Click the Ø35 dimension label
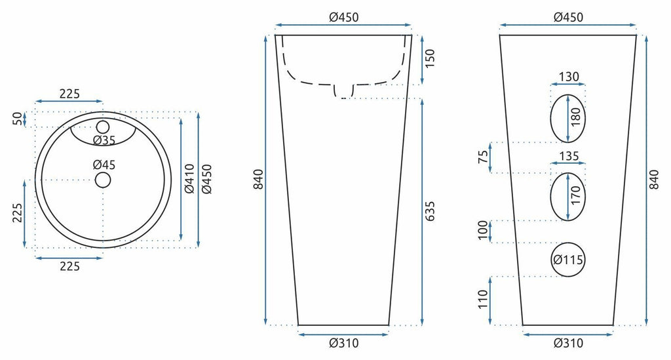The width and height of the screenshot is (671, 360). pyautogui.click(x=104, y=140)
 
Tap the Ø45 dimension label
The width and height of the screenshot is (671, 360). pyautogui.click(x=104, y=165)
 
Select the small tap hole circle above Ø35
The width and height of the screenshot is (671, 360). pyautogui.click(x=103, y=127)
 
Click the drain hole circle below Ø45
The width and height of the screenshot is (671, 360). pyautogui.click(x=103, y=180)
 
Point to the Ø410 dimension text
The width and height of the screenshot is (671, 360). pyautogui.click(x=189, y=178)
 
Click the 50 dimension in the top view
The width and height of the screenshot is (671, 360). pyautogui.click(x=17, y=119)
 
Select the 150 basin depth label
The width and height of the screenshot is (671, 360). pyautogui.click(x=430, y=58)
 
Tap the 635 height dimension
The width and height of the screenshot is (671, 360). pyautogui.click(x=430, y=211)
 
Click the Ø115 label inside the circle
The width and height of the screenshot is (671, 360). pyautogui.click(x=568, y=260)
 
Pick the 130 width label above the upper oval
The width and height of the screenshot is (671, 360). pyautogui.click(x=569, y=77)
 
